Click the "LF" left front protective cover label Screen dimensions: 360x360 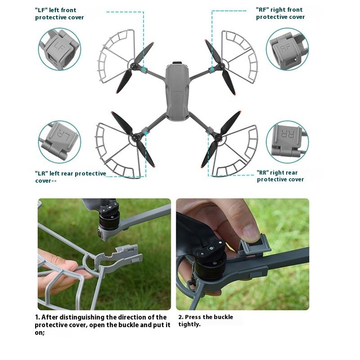[59, 14]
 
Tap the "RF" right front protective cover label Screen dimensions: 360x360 [280, 13]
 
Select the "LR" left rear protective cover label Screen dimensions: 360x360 [71, 177]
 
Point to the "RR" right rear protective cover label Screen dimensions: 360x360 [280, 176]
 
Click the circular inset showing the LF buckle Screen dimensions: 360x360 [59, 49]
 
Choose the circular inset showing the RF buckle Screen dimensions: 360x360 [287, 49]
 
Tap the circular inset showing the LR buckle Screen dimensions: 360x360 [59, 142]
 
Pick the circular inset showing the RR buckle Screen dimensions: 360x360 [287, 142]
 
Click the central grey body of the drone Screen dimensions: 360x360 [177, 91]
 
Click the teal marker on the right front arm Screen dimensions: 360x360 [212, 68]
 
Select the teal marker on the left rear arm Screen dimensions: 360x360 [146, 132]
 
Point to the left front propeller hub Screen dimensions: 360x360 [134, 66]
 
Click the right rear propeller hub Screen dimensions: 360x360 [218, 138]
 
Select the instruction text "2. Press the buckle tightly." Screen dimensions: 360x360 [206, 320]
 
